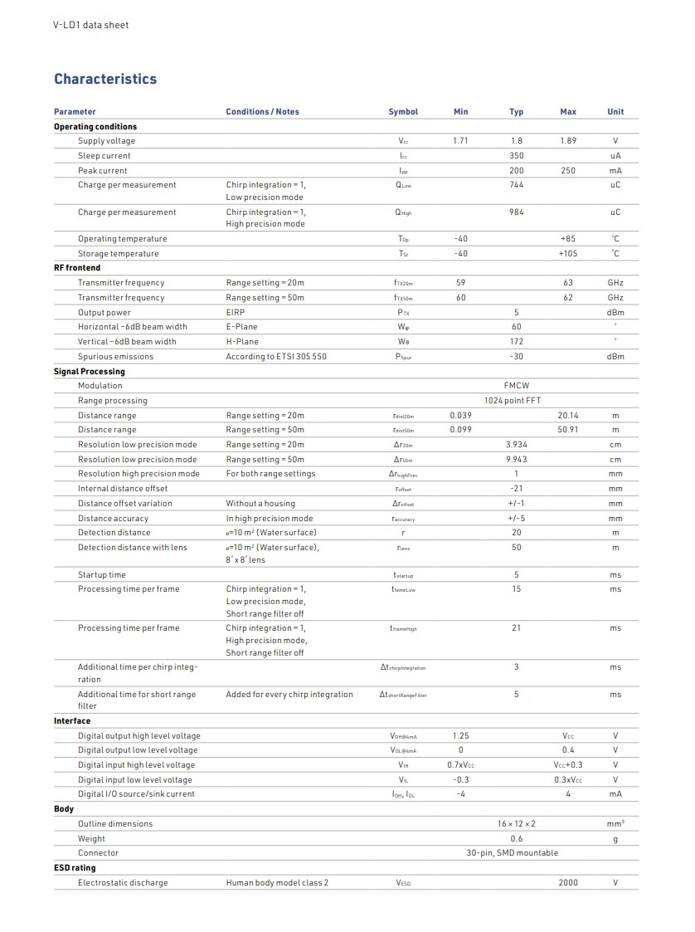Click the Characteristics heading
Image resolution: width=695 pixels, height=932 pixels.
(x=105, y=80)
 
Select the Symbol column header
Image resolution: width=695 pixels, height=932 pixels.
(x=403, y=112)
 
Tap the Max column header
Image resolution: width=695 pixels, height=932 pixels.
(x=568, y=112)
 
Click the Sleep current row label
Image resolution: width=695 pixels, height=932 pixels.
(x=104, y=156)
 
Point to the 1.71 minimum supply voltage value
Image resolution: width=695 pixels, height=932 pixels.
(x=461, y=141)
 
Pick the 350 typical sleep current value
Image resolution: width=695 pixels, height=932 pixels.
(x=517, y=156)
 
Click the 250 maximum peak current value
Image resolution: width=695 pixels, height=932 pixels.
(x=568, y=171)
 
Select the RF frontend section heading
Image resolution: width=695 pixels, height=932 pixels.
(x=77, y=268)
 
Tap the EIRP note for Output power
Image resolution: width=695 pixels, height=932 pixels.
(x=236, y=313)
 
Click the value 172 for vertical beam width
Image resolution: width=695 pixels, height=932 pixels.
(x=517, y=342)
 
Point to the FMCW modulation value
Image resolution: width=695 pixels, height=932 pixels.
(x=517, y=386)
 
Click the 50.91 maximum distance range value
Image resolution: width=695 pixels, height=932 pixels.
(x=568, y=430)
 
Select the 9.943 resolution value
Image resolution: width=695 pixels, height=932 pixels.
(x=517, y=460)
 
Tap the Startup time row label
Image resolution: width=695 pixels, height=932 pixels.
(x=102, y=575)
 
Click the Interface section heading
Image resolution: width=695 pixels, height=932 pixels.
(x=72, y=721)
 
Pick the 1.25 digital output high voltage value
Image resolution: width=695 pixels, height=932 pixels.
(x=461, y=736)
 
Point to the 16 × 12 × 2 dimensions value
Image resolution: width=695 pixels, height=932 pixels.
(x=517, y=824)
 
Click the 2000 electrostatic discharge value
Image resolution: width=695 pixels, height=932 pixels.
(x=568, y=883)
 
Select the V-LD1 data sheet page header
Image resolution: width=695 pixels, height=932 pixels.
(x=91, y=25)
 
